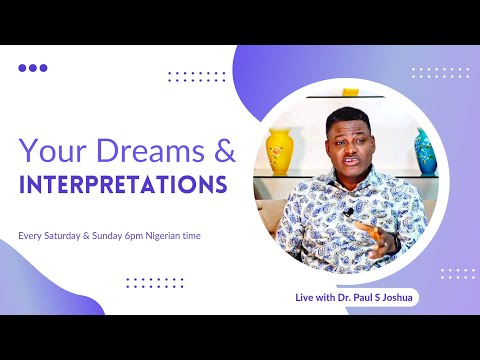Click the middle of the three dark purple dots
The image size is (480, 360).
coord(33,68)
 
